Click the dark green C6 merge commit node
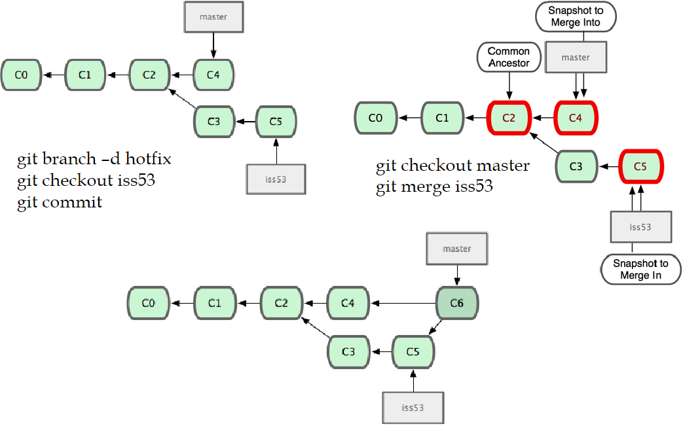pos(457,303)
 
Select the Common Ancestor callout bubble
pos(509,57)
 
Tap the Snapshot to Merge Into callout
pos(576,17)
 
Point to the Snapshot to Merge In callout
pos(640,269)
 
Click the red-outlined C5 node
pos(640,167)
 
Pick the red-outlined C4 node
pos(576,118)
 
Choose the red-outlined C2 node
pos(509,118)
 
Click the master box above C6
pos(456,249)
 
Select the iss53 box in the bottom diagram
pos(413,408)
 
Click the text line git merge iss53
pos(434,187)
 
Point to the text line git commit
pos(60,202)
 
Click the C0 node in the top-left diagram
pos(21,75)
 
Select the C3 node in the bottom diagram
pos(348,352)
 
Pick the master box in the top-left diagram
pos(213,17)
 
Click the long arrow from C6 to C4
pos(403,303)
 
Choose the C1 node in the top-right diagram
pos(442,118)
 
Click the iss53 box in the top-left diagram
pos(276,179)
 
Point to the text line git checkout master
pos(452,166)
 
